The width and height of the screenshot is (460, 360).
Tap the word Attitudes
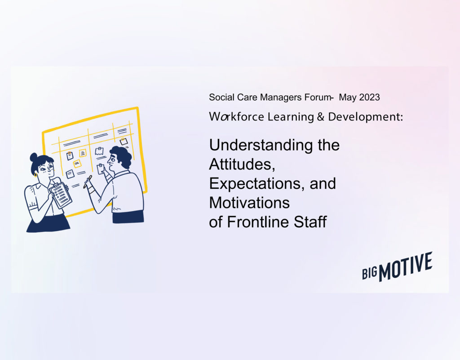[x=242, y=164]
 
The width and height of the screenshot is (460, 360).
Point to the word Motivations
[x=249, y=203]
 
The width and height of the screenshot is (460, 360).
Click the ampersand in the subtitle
[x=321, y=117]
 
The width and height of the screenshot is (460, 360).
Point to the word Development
[x=366, y=117]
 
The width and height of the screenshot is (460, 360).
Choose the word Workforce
[x=236, y=117]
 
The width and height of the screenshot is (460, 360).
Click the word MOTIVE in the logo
[x=406, y=267]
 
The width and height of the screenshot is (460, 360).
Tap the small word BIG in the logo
[x=370, y=273]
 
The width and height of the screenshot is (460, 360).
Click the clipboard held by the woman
[x=61, y=195]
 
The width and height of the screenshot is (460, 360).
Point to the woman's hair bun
[x=34, y=157]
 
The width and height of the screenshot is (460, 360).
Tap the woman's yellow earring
[x=35, y=175]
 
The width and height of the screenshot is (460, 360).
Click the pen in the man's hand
[x=88, y=182]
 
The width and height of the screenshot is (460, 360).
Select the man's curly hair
[x=122, y=156]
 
